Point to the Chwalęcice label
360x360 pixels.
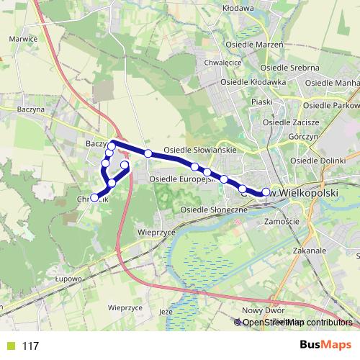223,63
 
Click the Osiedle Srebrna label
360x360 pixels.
288,68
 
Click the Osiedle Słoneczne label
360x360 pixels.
214,209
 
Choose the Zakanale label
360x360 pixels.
310,251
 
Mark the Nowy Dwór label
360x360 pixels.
260,310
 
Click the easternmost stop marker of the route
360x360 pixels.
266,192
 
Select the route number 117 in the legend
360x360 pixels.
30,346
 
